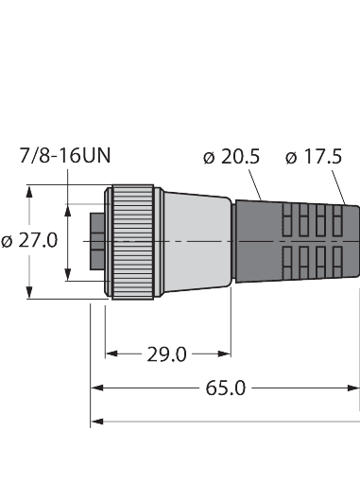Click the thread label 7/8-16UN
[65, 157]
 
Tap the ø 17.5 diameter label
[316, 157]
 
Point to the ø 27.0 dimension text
[30, 240]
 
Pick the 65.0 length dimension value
[224, 388]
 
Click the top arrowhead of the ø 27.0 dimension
[31, 190]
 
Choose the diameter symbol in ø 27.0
[9, 240]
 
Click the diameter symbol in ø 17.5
[292, 157]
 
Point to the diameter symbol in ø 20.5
[210, 157]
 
